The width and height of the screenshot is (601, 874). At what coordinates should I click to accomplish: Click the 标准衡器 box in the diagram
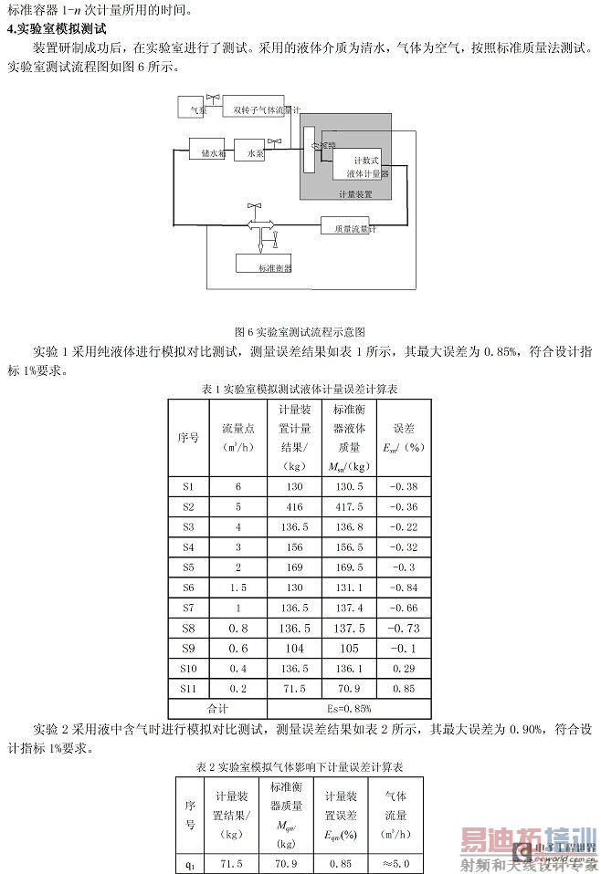coord(274,266)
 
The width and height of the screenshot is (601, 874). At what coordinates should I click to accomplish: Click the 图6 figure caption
coord(300,332)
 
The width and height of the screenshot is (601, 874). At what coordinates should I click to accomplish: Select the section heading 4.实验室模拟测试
coord(57,28)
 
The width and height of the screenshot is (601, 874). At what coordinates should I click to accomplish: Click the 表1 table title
coord(300,389)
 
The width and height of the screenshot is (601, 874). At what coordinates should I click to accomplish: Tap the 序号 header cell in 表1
coord(188,437)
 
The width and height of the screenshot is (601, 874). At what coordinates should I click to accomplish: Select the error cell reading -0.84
coord(403,587)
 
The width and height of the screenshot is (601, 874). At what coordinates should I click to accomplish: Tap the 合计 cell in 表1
coord(217,707)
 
